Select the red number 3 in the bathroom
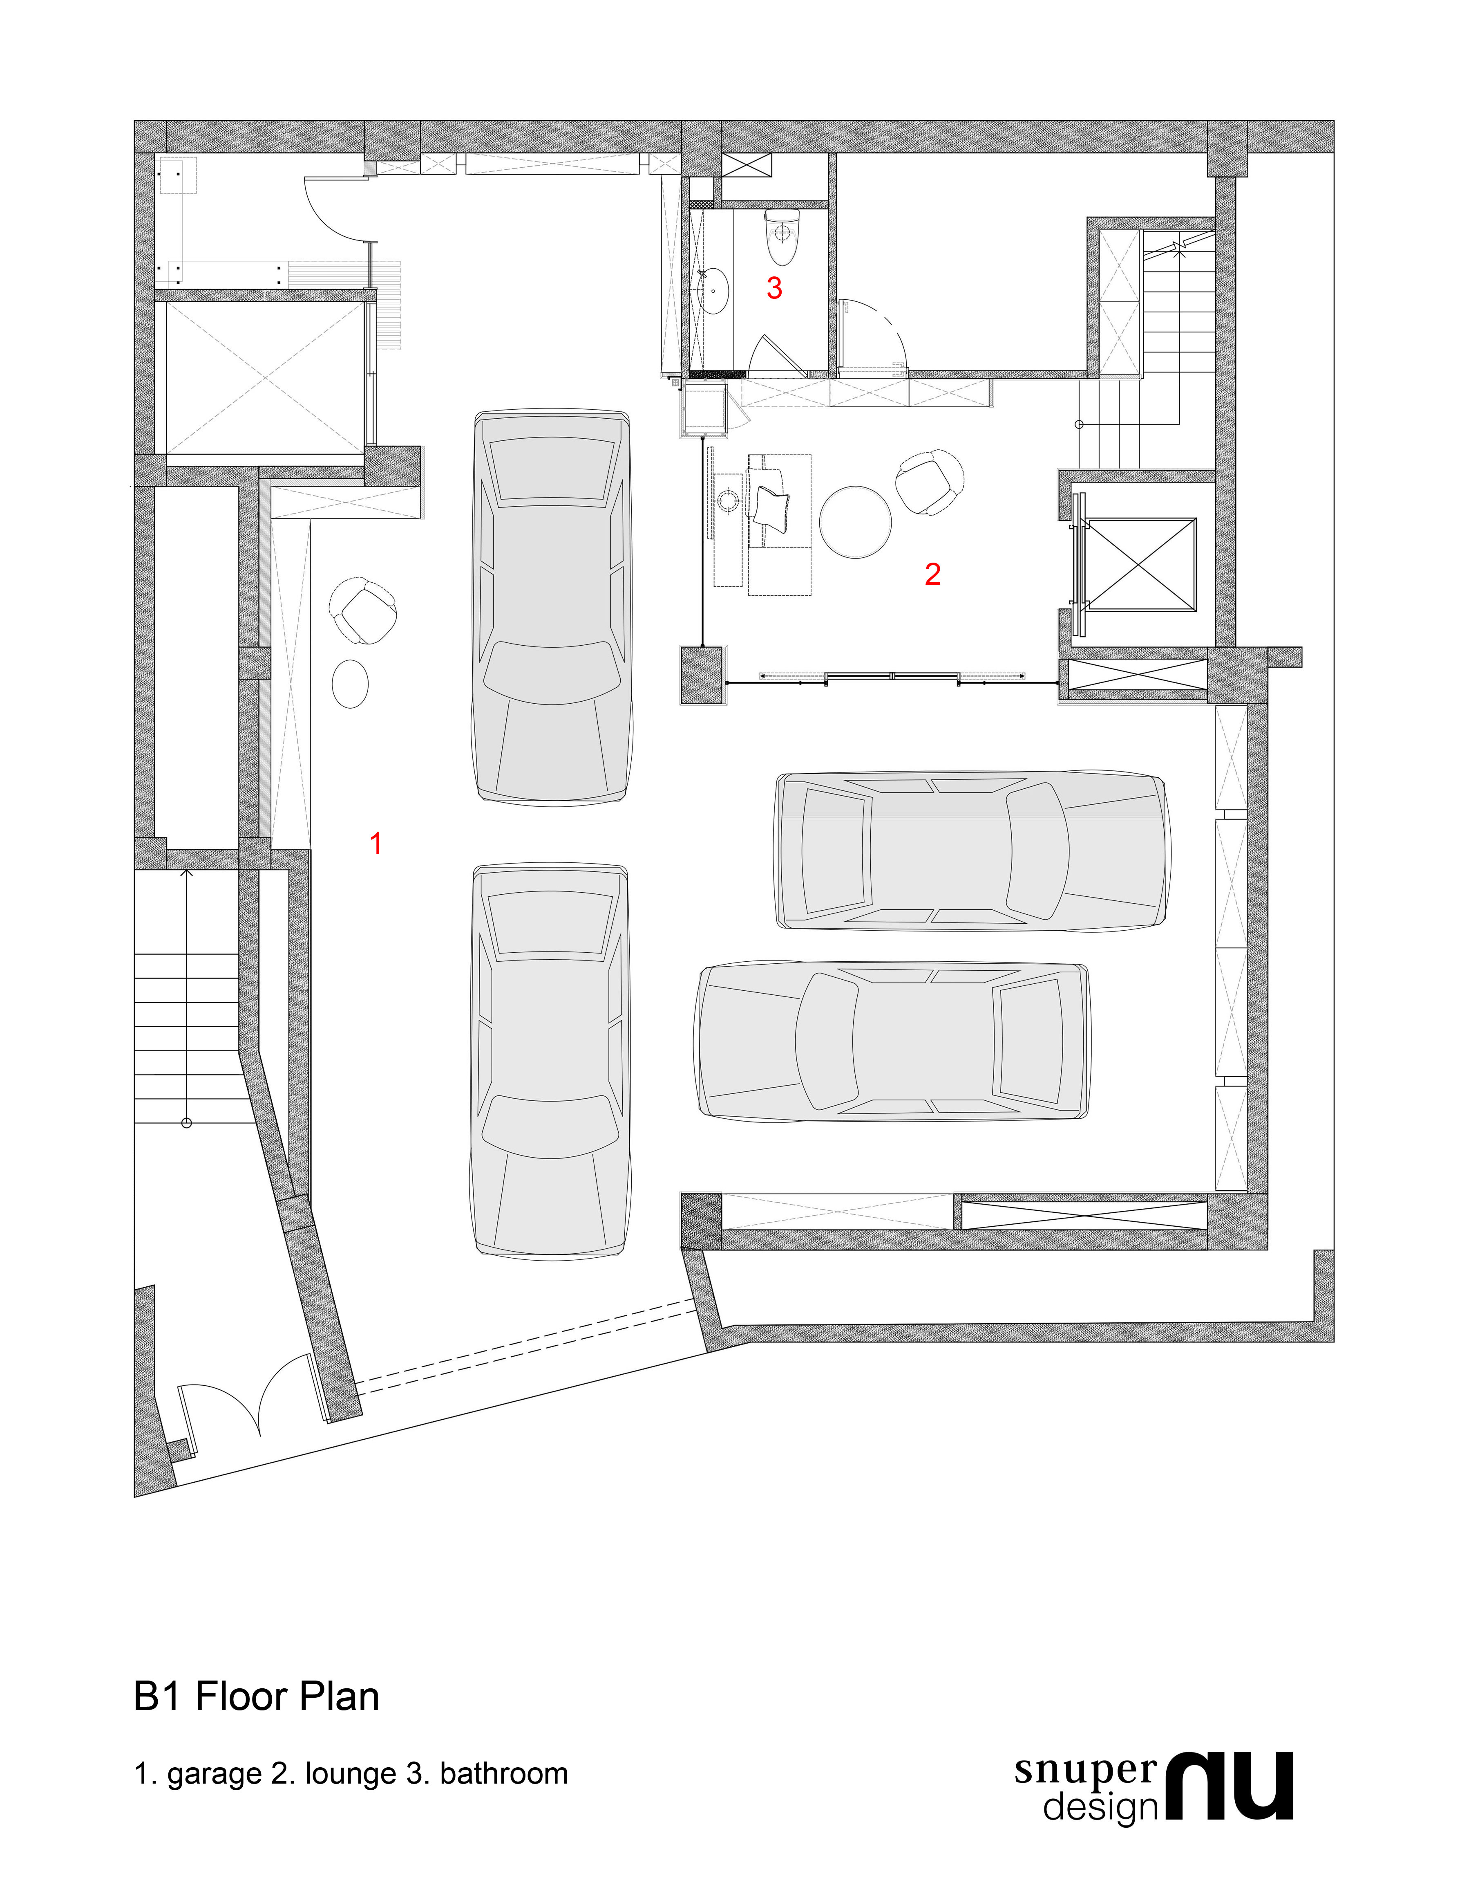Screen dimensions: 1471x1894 (774, 288)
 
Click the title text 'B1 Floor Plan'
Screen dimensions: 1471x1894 (257, 1695)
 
